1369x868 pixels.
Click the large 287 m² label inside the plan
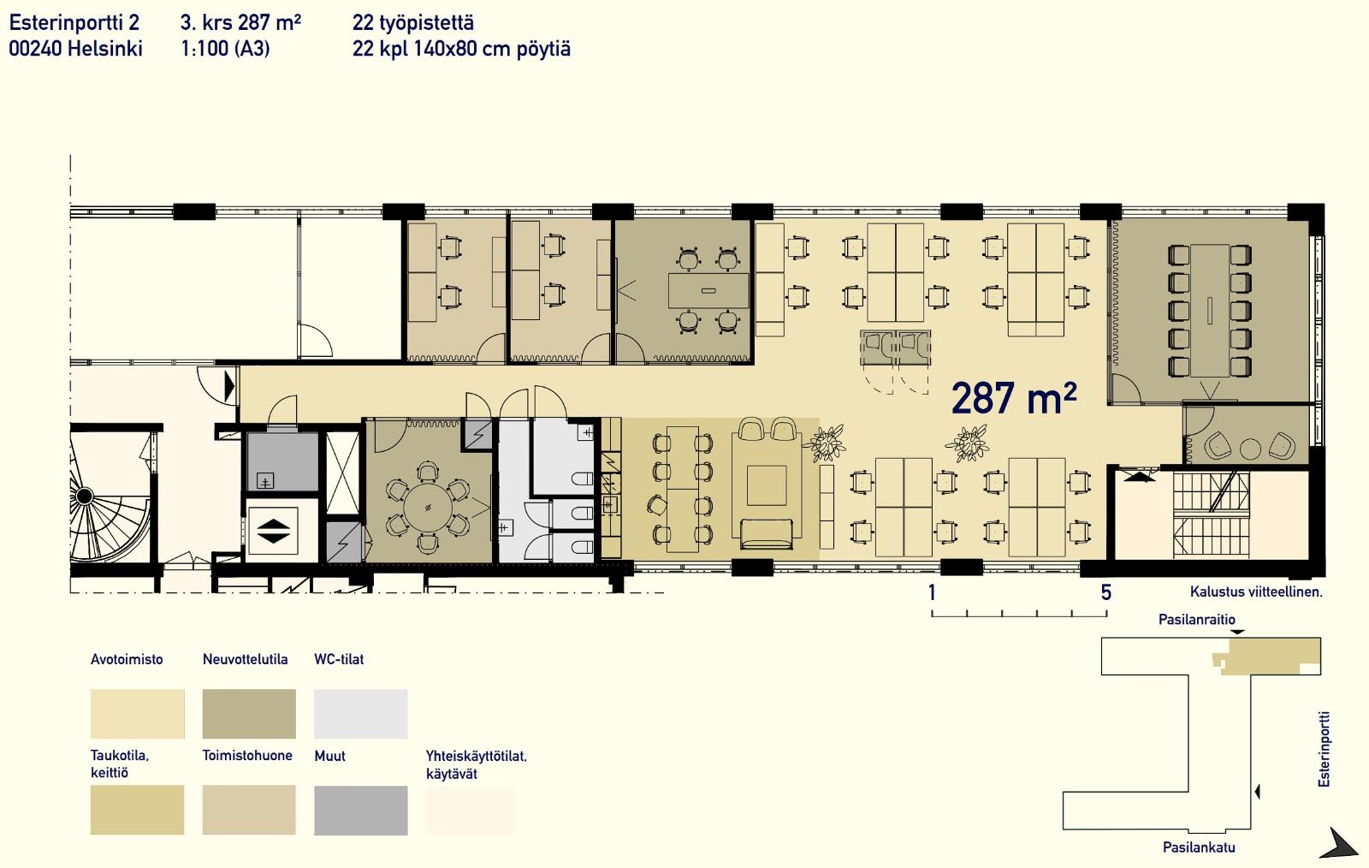click(x=1014, y=399)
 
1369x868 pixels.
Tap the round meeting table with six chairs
click(x=428, y=508)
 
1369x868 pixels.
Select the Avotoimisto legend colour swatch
click(x=138, y=714)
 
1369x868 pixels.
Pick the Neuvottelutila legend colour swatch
click(x=249, y=714)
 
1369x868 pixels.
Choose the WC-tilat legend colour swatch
click(x=360, y=714)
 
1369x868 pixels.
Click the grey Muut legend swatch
click(x=360, y=811)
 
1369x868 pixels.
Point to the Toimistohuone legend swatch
click(x=249, y=811)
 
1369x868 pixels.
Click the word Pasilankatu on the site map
click(x=1199, y=847)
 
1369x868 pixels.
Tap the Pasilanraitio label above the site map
click(x=1197, y=619)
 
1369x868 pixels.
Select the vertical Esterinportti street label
click(x=1324, y=749)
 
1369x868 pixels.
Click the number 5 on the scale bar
click(x=1105, y=592)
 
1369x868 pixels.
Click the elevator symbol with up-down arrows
click(x=273, y=531)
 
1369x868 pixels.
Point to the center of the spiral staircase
click(x=85, y=496)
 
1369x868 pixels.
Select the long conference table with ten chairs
click(x=1210, y=311)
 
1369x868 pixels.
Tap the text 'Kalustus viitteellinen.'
click(x=1256, y=592)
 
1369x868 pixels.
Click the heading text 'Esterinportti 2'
click(x=74, y=22)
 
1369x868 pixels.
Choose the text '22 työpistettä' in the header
click(x=412, y=23)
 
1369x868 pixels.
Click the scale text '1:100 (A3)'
click(x=225, y=49)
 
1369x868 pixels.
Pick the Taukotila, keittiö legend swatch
click(x=138, y=810)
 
